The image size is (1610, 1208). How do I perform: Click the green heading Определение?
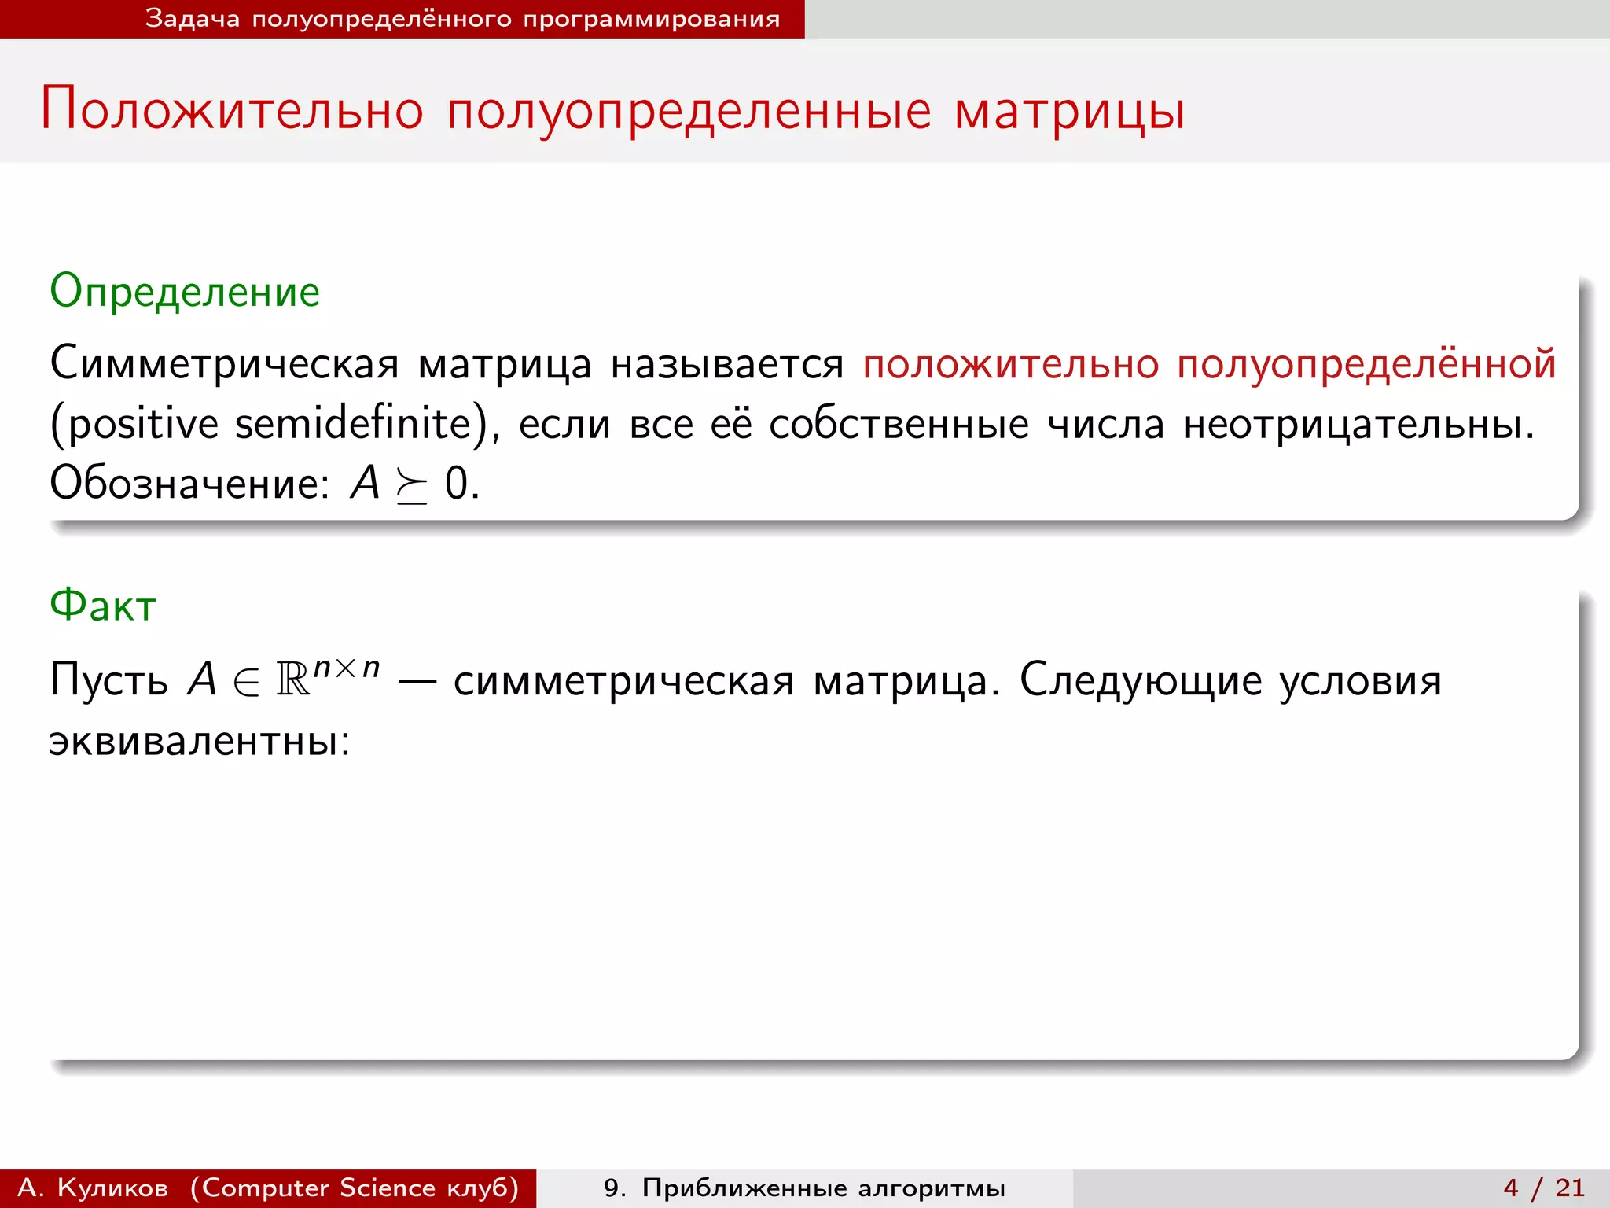(x=185, y=293)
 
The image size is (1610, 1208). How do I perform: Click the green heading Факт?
(x=103, y=606)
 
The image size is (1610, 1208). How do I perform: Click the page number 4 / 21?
(x=1544, y=1188)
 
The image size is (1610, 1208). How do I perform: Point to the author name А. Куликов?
(x=93, y=1188)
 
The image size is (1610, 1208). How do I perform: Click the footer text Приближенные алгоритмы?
(x=823, y=1188)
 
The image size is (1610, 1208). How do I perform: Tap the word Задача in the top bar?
(x=192, y=18)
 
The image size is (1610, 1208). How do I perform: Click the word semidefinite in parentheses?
(x=353, y=425)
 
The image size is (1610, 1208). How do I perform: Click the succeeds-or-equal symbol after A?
(x=412, y=486)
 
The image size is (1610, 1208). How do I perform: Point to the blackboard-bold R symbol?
(x=293, y=679)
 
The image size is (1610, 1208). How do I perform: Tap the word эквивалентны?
(x=199, y=741)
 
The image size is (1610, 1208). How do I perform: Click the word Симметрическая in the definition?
(x=225, y=365)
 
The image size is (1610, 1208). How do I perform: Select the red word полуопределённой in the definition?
(x=1366, y=365)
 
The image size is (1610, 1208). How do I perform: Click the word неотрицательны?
(x=1358, y=425)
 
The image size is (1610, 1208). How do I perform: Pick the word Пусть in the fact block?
(x=108, y=679)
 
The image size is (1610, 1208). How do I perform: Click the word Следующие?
(x=1141, y=681)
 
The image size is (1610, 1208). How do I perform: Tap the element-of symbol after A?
(x=246, y=681)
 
